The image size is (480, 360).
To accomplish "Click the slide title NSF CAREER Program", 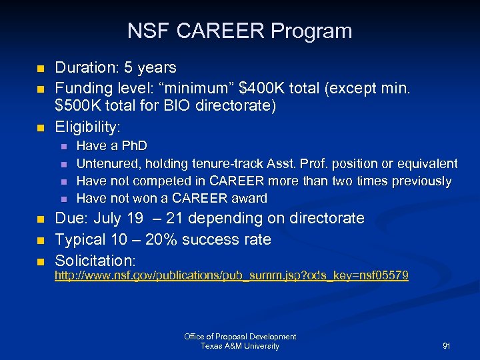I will (239, 31).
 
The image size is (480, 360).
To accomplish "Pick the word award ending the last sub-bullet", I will (249, 199).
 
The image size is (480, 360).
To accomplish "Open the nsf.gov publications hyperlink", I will (231, 275).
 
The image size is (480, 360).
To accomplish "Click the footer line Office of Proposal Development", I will (240, 337).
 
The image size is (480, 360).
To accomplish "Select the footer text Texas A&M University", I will (240, 346).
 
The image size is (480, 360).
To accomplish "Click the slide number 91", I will (446, 346).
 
